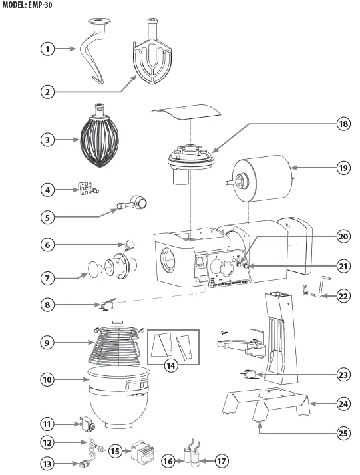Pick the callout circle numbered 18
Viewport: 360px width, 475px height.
(343, 124)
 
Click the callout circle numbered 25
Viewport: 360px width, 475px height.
(343, 433)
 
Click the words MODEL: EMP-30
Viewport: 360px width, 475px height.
(27, 5)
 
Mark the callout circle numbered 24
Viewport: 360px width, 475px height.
(343, 403)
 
